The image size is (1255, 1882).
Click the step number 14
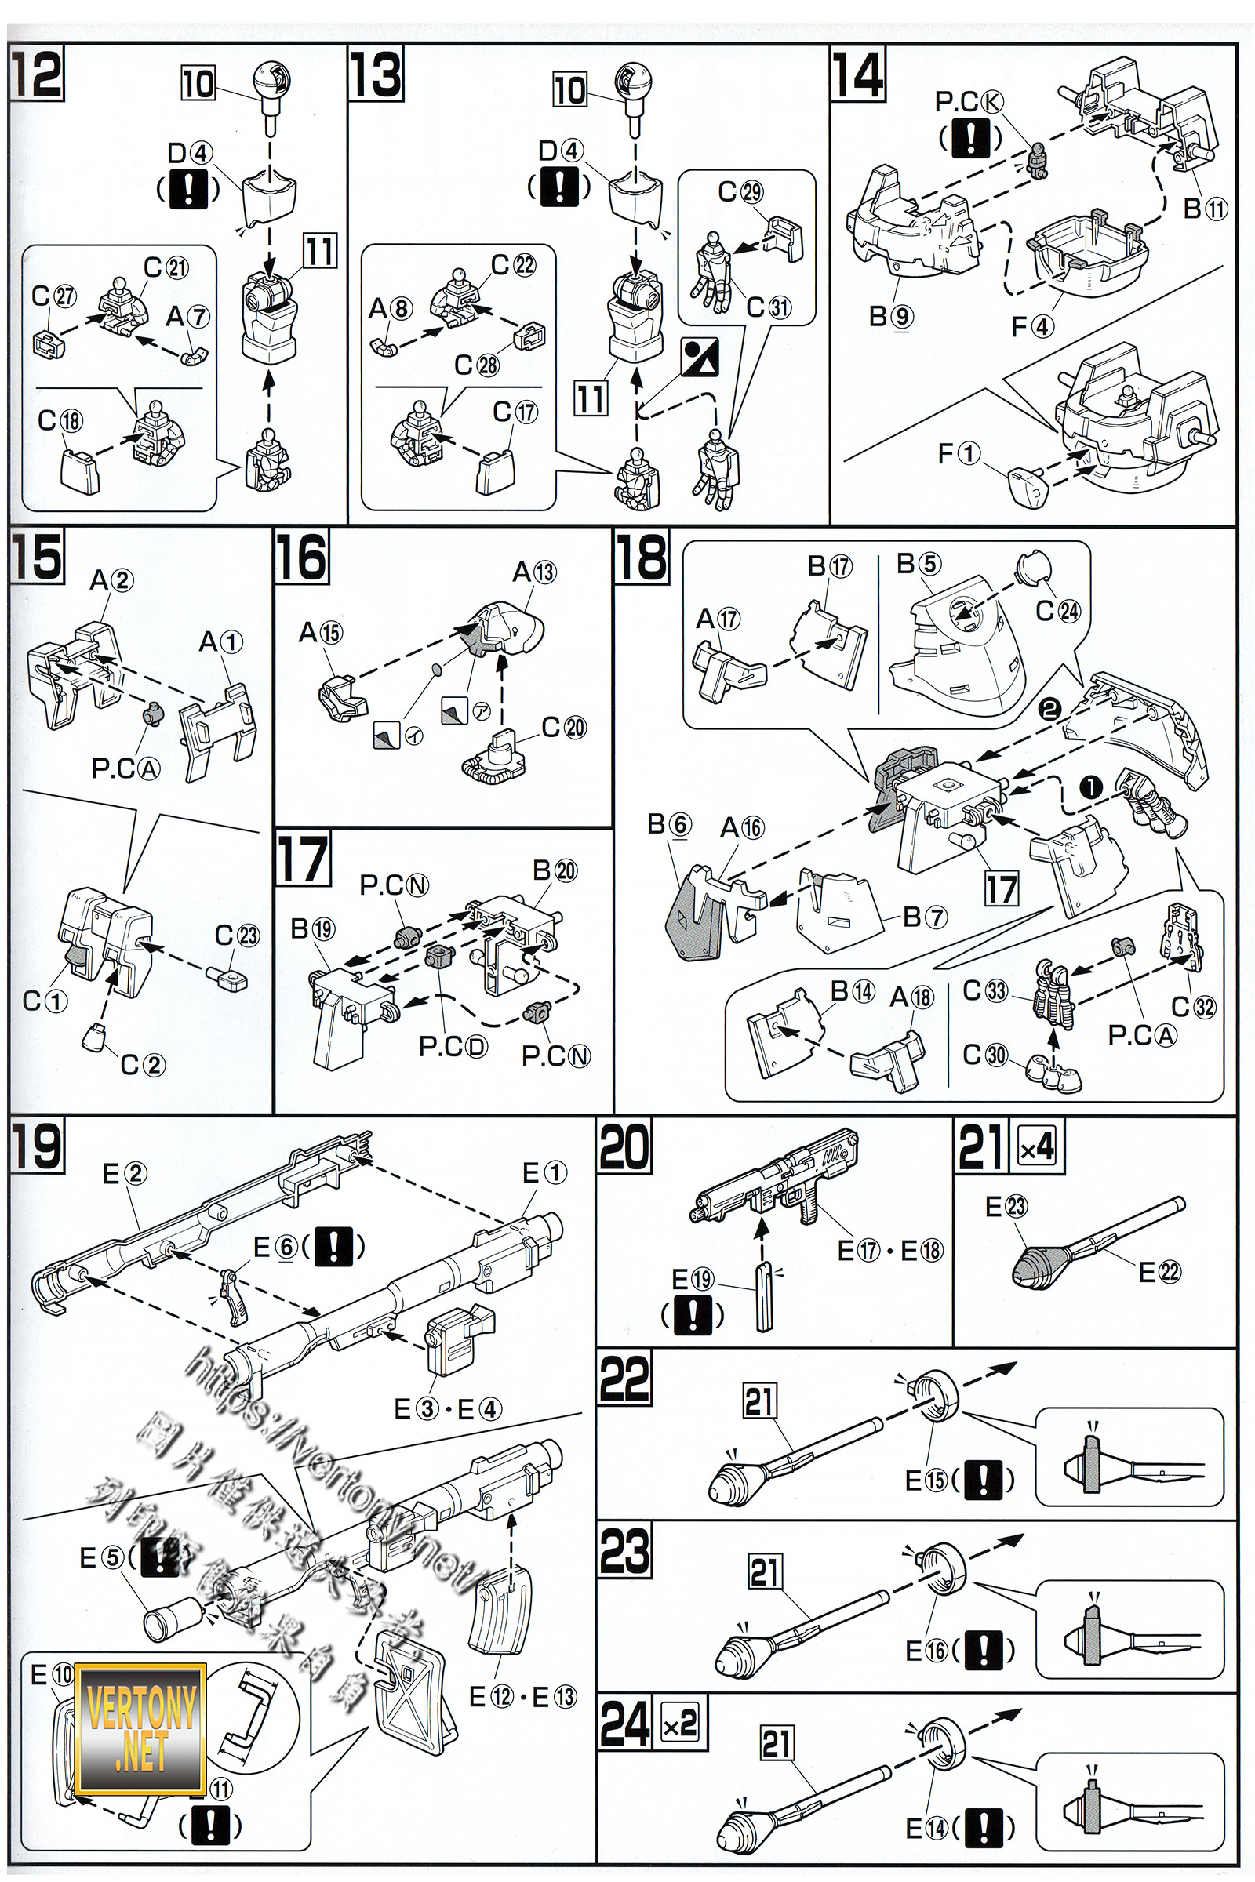[x=857, y=74]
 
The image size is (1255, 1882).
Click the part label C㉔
[x=1057, y=611]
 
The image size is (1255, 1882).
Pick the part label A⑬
[x=534, y=572]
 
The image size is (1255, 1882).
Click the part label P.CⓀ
[x=969, y=102]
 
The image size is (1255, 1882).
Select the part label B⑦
[x=925, y=917]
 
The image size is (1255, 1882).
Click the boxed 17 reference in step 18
[x=1001, y=889]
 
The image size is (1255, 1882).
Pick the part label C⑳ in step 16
[x=563, y=728]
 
